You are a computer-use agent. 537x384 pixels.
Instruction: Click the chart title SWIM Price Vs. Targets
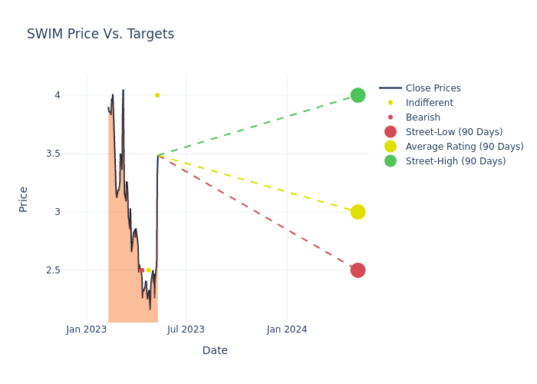tap(100, 34)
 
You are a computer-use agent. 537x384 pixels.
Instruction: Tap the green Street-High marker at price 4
tap(357, 95)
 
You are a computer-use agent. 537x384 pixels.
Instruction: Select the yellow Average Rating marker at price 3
tap(357, 212)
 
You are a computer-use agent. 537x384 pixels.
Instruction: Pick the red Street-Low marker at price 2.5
tap(357, 270)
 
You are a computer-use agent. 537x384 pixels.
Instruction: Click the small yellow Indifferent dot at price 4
tap(157, 95)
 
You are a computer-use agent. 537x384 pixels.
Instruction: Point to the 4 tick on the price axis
tap(78, 95)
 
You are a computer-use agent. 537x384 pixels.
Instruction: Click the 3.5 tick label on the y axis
tap(74, 154)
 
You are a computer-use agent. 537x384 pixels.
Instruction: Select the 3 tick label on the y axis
tap(78, 212)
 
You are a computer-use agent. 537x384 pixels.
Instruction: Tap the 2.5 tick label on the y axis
tap(74, 270)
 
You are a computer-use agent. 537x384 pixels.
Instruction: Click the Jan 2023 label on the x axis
tap(87, 329)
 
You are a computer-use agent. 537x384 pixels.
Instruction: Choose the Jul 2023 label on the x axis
tap(186, 329)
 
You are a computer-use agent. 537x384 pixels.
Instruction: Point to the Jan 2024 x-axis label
tap(287, 329)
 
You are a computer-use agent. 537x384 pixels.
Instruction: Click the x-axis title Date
tap(215, 350)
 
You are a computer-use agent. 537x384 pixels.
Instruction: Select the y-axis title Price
tap(23, 199)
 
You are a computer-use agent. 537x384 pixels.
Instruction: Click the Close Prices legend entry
tap(433, 88)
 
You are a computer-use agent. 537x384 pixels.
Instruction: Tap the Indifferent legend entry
tap(429, 103)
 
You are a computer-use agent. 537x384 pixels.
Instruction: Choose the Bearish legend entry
tap(423, 118)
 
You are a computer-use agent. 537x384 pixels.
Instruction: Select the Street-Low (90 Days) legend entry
tap(454, 132)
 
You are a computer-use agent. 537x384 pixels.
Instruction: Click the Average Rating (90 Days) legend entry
tap(464, 147)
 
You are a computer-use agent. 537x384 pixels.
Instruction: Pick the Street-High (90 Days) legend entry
tap(456, 161)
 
